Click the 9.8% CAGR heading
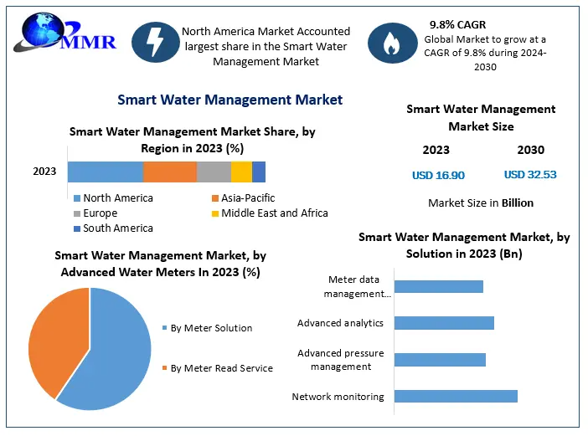[457, 24]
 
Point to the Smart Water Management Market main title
[230, 100]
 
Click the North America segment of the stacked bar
[106, 172]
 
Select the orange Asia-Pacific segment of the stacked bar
[170, 172]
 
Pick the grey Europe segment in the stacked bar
[214, 172]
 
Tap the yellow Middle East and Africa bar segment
[241, 172]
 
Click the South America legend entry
[117, 228]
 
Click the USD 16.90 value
[438, 175]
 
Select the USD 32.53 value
[530, 175]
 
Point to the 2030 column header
[530, 150]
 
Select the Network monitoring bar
[456, 396]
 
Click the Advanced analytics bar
[444, 323]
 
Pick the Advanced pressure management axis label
[340, 360]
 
